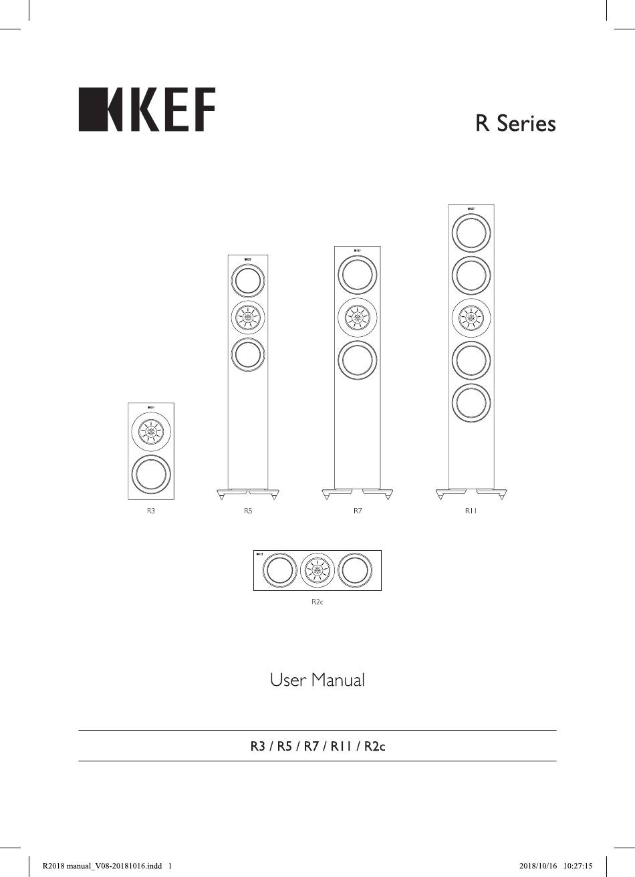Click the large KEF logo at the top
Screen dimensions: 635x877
[147, 109]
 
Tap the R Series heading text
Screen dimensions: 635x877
[515, 123]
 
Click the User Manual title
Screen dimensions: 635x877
[317, 680]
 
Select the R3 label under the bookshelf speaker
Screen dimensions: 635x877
[151, 511]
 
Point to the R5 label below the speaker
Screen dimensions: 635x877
[248, 511]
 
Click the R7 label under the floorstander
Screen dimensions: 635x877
[358, 511]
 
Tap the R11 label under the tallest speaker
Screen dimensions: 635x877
[471, 511]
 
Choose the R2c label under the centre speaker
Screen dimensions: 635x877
[317, 602]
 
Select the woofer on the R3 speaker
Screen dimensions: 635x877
[151, 474]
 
